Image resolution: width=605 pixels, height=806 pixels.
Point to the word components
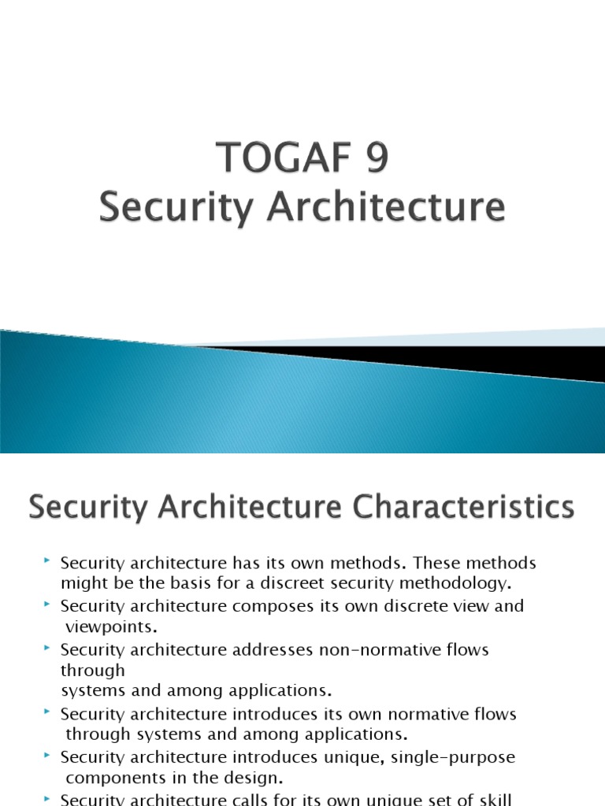pos(114,778)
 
